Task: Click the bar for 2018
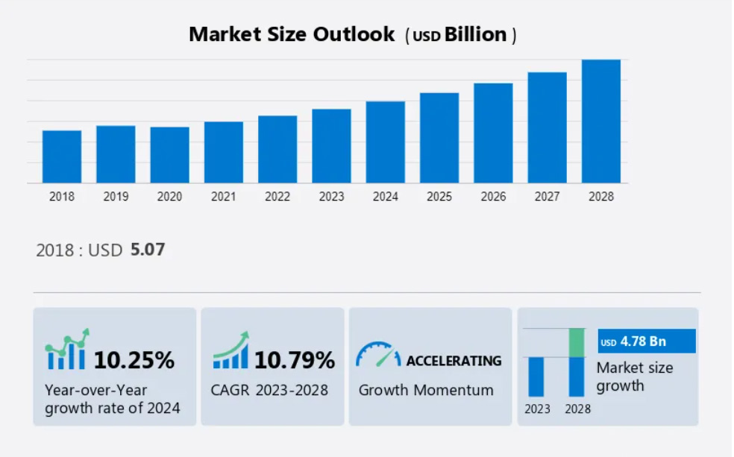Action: tap(62, 157)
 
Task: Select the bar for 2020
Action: tap(169, 155)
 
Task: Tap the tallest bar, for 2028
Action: tap(600, 121)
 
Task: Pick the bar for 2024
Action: tap(385, 142)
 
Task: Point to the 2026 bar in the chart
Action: tap(493, 133)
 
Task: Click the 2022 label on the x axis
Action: tap(277, 197)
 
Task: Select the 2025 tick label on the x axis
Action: tap(439, 197)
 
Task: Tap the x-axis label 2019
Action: tap(116, 197)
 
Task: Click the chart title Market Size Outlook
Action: tap(292, 34)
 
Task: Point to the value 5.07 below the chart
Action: tap(148, 250)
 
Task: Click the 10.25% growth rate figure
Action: tap(134, 361)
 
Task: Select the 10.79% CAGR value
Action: tap(295, 361)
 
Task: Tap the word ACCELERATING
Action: tap(454, 361)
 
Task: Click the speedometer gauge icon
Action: tap(378, 355)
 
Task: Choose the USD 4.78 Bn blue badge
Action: tap(646, 341)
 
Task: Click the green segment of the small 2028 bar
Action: tap(576, 342)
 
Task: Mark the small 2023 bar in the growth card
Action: tap(536, 376)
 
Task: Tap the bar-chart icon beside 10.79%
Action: tap(230, 352)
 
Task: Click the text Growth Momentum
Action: tap(426, 390)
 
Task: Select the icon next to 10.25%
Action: tap(67, 350)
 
